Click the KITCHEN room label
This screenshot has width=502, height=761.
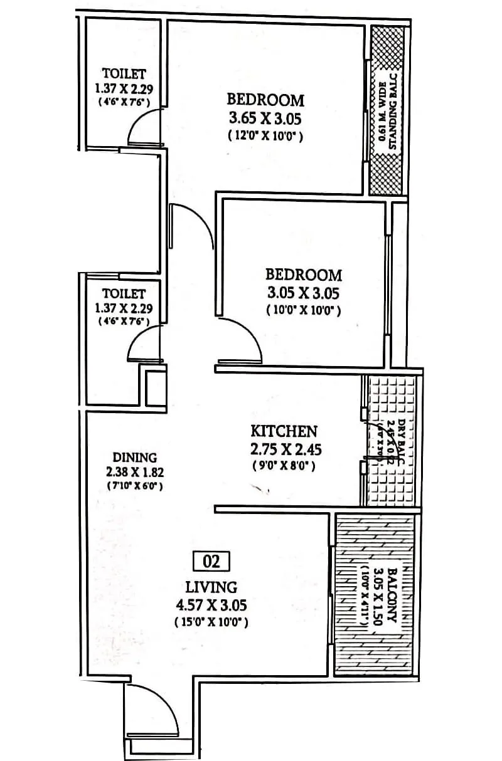pos(284,431)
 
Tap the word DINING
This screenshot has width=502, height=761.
pos(135,458)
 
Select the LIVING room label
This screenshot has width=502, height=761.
pos(211,587)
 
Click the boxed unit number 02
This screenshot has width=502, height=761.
pos(212,561)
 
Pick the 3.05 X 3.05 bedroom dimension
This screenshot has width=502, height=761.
pos(304,292)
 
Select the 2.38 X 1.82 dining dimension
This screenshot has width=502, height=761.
pos(135,471)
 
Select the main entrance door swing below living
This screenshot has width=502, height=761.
pos(151,708)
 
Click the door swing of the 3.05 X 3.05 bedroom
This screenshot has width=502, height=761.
pos(242,342)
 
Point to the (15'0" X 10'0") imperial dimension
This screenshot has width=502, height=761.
pos(211,622)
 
